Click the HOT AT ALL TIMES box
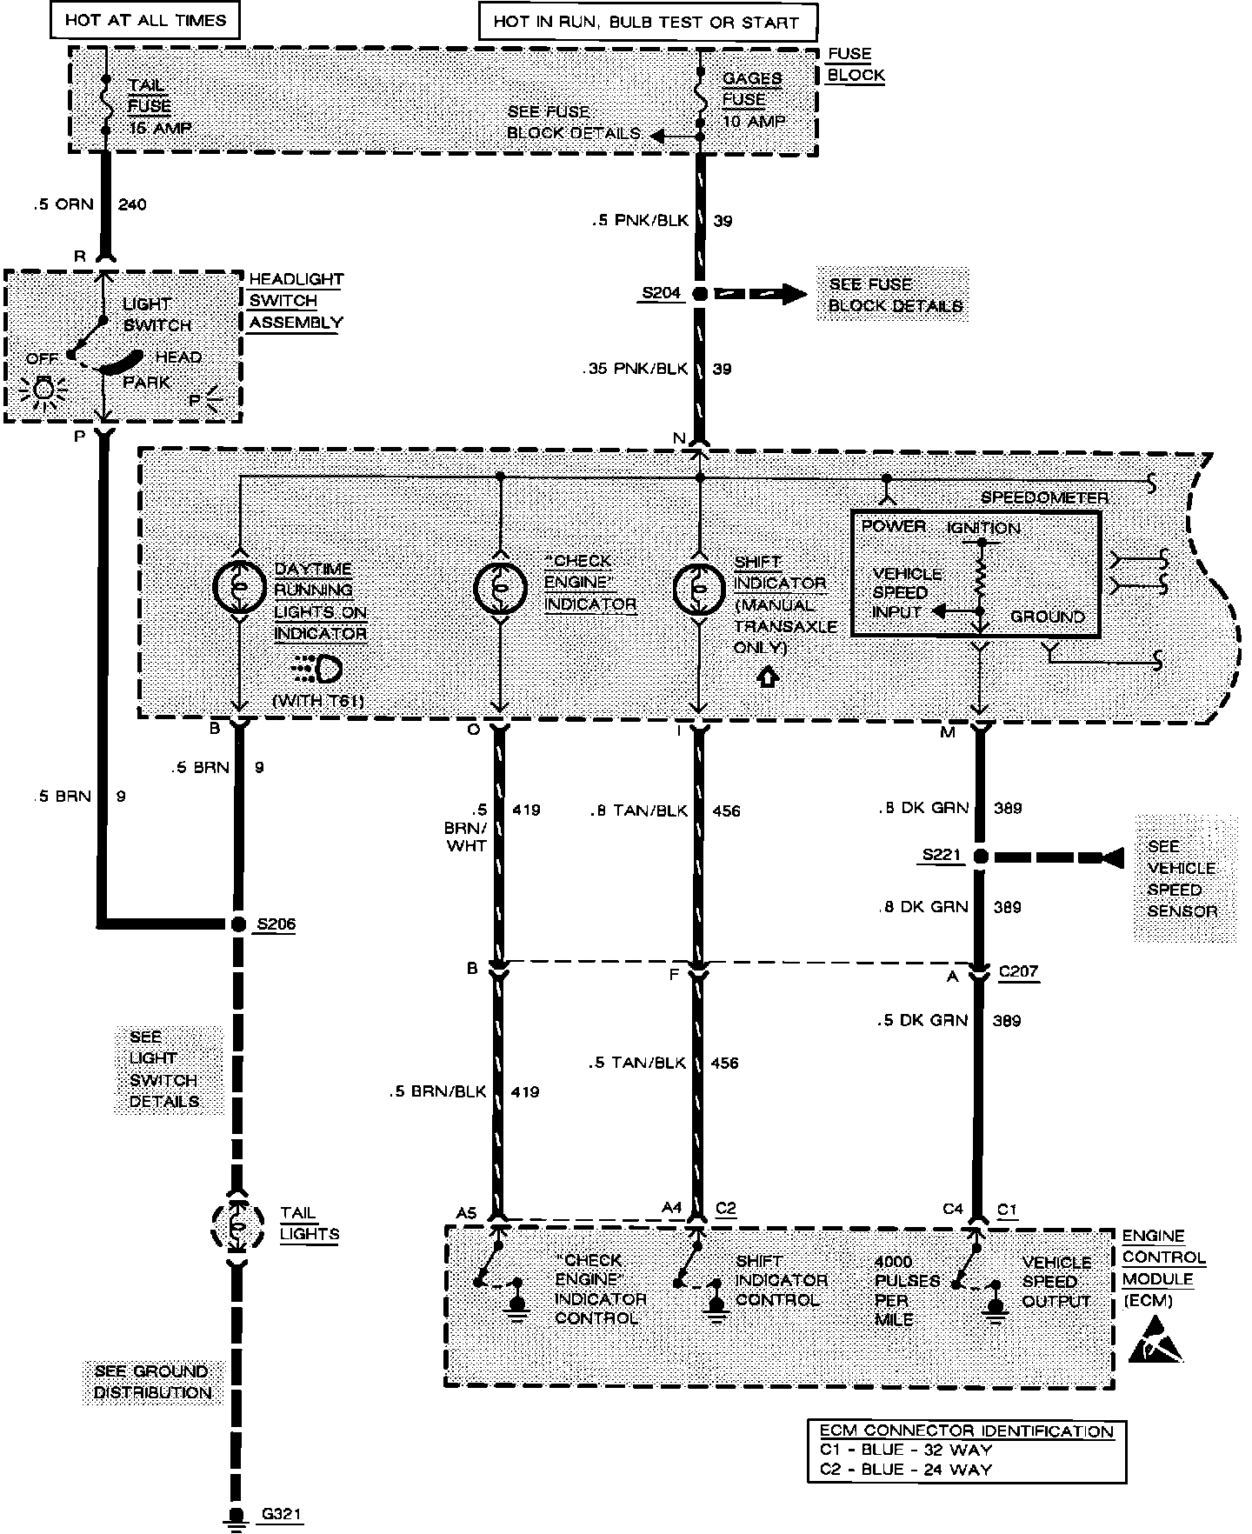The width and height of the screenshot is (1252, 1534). pos(145,20)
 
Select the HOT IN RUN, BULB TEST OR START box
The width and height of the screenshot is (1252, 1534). pos(647,23)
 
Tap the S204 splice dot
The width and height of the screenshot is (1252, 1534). pos(699,294)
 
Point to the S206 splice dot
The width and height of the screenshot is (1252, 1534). pos(239,924)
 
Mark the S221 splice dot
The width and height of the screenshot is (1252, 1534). pos(980,857)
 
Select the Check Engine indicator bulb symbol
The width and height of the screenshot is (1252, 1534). pos(500,588)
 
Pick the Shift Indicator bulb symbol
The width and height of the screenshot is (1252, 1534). pos(699,589)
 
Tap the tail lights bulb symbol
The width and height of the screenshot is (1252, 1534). pos(236,1226)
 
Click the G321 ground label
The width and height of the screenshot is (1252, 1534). pos(281,1514)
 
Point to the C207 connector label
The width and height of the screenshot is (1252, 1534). pos(1018,971)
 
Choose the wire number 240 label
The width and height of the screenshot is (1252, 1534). pos(132,205)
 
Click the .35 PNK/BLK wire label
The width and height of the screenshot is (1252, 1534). pos(636,370)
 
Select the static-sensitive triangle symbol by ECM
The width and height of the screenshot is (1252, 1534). pos(1155,1340)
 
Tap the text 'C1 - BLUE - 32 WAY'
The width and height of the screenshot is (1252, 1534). pos(905,1450)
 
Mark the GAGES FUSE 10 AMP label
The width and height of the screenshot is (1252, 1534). pos(753,100)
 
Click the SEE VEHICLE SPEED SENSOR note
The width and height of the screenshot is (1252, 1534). pos(1182,878)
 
